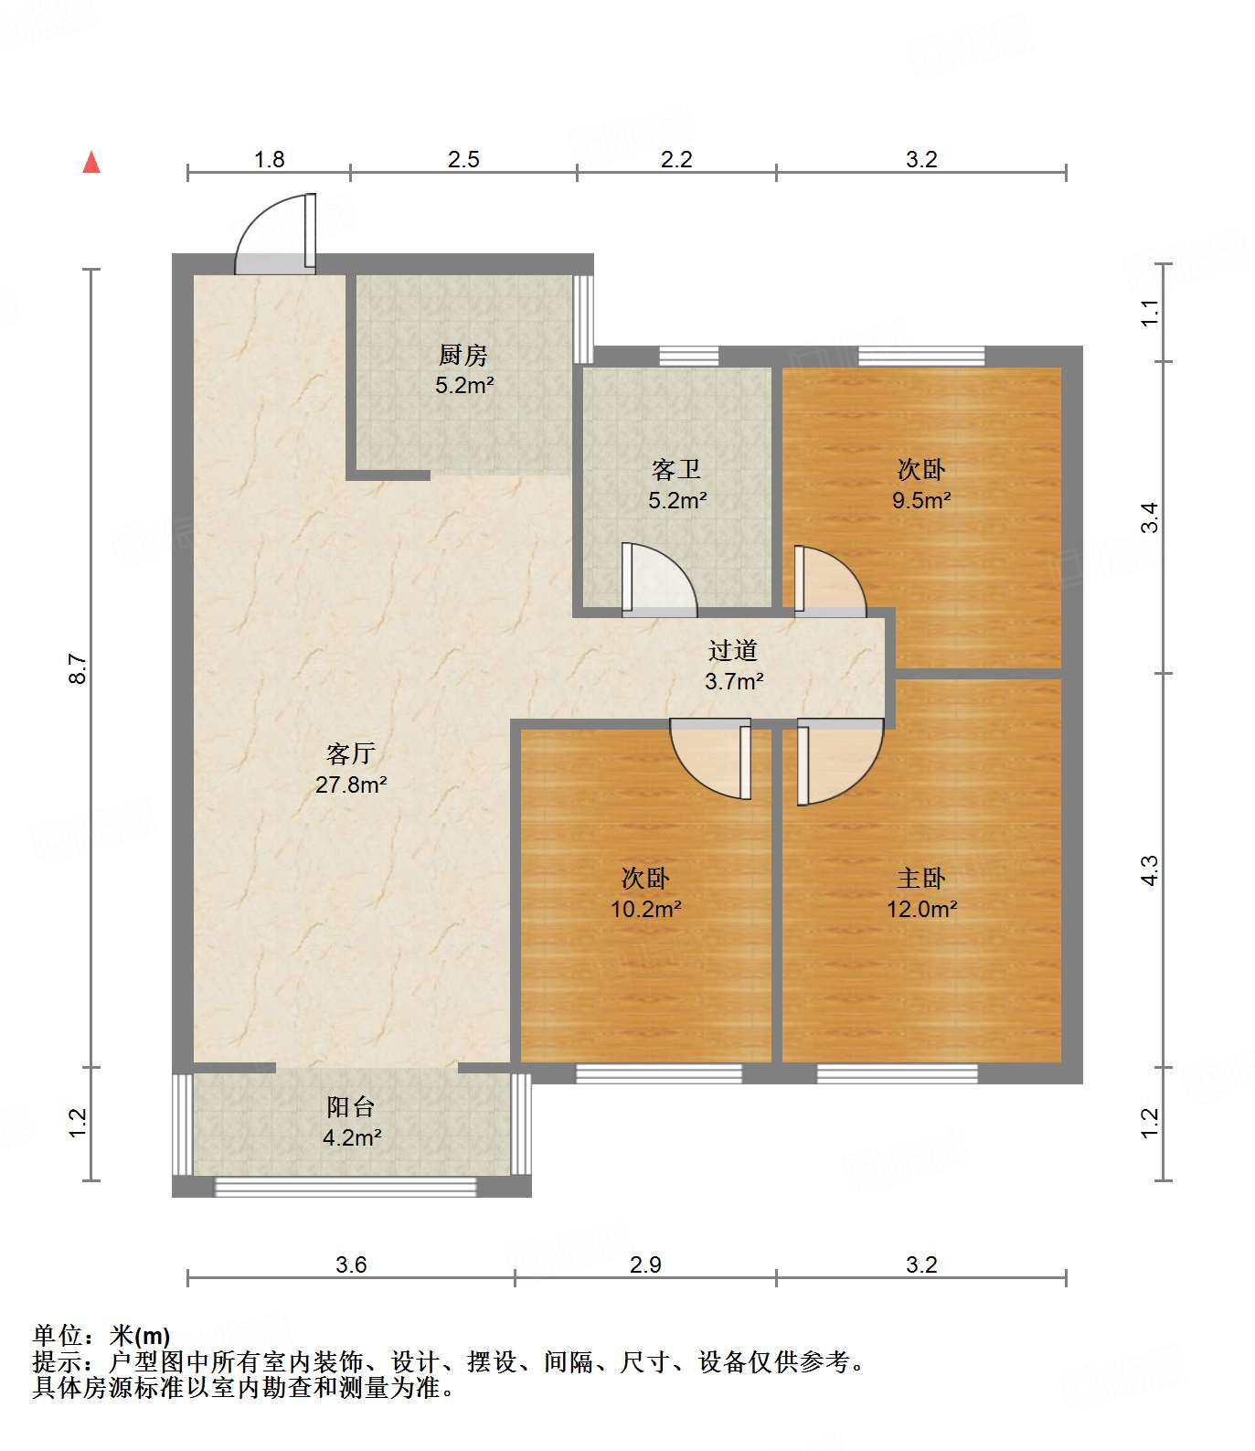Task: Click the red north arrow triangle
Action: pos(91,163)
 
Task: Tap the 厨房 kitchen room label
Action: pos(463,355)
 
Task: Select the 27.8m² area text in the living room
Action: pos(351,784)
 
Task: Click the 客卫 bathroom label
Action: pos(676,470)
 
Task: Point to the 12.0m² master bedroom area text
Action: pos(921,909)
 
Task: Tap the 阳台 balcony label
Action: pos(351,1107)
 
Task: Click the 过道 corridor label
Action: pos(733,651)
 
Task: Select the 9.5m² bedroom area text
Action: pos(921,500)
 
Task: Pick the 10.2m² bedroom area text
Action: pos(645,909)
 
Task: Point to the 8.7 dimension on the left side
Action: pos(79,668)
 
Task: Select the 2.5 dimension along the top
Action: pos(463,159)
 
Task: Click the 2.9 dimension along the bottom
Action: pos(645,1264)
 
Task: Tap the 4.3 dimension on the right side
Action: pos(1150,870)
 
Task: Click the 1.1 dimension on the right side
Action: pos(1150,313)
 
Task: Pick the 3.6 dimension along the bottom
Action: pos(351,1264)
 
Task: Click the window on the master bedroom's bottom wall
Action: pos(897,1073)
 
